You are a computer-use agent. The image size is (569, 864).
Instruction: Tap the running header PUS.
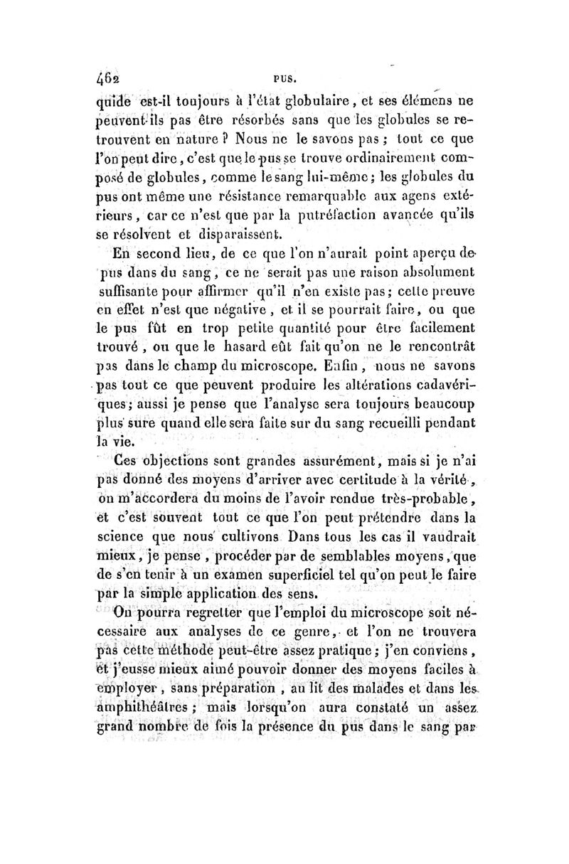pyautogui.click(x=275, y=72)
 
